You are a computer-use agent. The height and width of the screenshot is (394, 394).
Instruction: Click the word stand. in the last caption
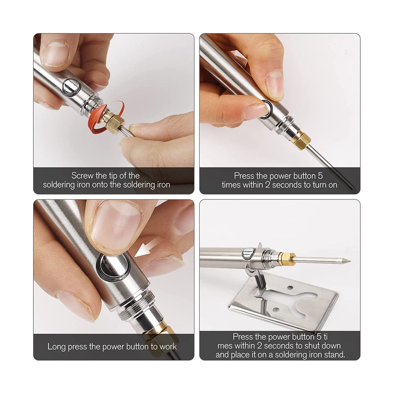pyautogui.click(x=334, y=354)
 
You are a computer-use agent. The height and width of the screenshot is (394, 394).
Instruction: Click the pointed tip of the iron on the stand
pyautogui.click(x=350, y=261)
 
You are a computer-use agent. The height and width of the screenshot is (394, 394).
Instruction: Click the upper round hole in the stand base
pyautogui.click(x=290, y=288)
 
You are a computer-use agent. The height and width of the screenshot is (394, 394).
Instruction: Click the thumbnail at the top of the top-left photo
pyautogui.click(x=55, y=54)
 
